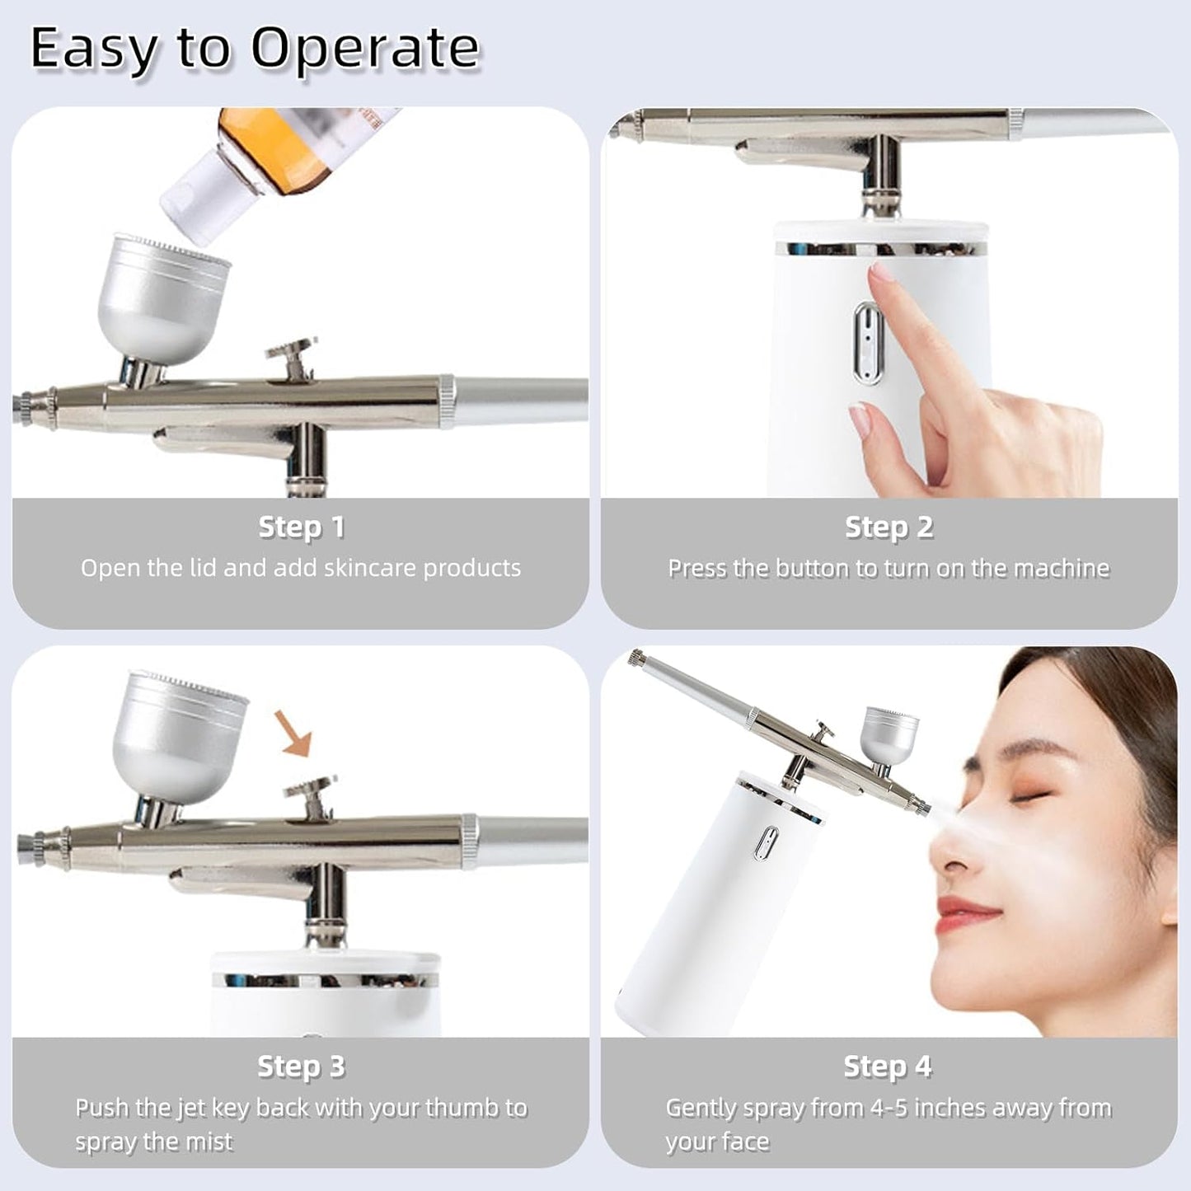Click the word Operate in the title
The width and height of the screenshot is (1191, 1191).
[x=364, y=49]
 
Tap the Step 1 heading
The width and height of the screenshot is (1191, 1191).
[x=301, y=528]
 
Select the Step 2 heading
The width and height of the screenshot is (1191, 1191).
[x=889, y=528]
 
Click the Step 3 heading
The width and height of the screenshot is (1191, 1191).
[x=301, y=1067]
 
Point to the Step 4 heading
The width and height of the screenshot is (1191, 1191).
[x=887, y=1067]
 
